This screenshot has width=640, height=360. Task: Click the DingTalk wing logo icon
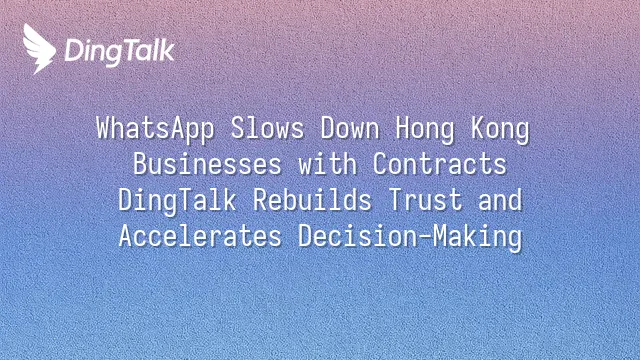coord(39,49)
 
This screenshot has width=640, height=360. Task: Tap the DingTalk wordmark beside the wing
coord(120,52)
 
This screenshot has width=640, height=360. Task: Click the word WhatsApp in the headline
coord(155,129)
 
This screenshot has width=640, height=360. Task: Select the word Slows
coord(267,129)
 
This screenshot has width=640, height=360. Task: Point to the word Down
coord(350,129)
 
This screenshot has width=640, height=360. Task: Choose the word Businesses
coord(207,164)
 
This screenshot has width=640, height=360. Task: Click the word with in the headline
coord(327,164)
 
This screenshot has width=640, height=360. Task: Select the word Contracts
coord(440,164)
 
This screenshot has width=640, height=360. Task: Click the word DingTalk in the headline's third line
coord(177,201)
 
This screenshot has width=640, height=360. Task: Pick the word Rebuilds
coord(312,200)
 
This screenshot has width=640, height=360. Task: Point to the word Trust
coord(424,200)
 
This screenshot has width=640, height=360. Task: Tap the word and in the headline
coord(500,200)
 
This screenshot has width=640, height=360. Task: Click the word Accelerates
coord(200,236)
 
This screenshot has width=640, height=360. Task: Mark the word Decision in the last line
coord(357,236)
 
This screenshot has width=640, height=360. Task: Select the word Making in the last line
coord(477,237)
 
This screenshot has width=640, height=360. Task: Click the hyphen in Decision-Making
coord(424,238)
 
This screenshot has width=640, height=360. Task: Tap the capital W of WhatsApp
coord(104,128)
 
